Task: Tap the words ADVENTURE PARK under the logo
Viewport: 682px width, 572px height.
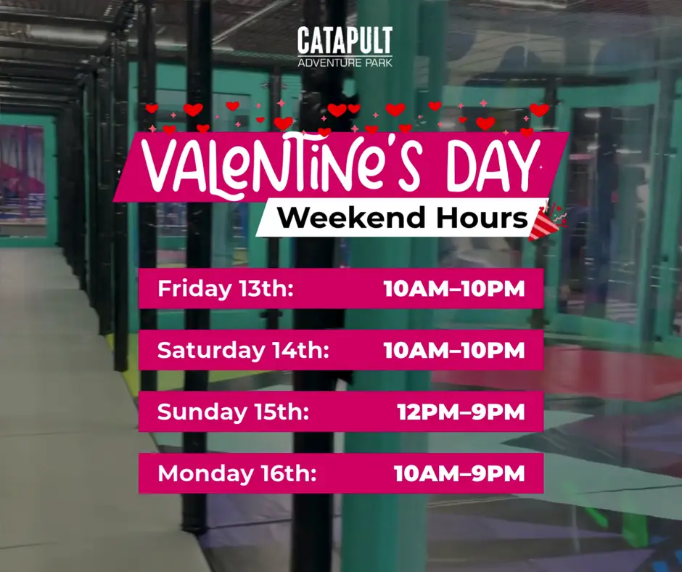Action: pyautogui.click(x=345, y=61)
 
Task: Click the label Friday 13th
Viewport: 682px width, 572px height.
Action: pyautogui.click(x=225, y=289)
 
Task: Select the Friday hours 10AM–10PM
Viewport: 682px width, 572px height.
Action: pyautogui.click(x=453, y=289)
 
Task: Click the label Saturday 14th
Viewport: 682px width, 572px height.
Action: pyautogui.click(x=243, y=351)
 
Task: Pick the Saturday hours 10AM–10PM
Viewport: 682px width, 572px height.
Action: pyautogui.click(x=453, y=351)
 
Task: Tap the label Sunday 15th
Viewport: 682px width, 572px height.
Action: pyautogui.click(x=233, y=412)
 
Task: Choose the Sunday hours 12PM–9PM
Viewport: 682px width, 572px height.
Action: pyautogui.click(x=461, y=412)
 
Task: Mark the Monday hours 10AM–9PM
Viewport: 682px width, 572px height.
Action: pyautogui.click(x=459, y=474)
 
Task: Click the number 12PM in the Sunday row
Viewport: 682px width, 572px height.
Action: pyautogui.click(x=423, y=412)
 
